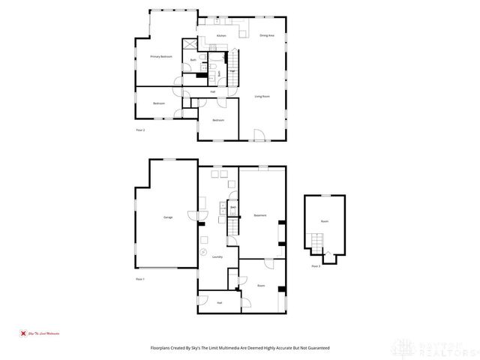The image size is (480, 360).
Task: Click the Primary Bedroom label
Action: (x=161, y=57)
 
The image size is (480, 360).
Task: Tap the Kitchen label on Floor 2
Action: (x=221, y=35)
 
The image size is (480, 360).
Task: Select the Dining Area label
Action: (x=266, y=35)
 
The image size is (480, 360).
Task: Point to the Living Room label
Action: (x=262, y=96)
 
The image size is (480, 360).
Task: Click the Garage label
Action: (x=168, y=217)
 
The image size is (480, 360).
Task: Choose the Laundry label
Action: (x=217, y=256)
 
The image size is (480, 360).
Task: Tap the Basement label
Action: (x=260, y=215)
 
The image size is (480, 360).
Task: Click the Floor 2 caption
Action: (x=140, y=130)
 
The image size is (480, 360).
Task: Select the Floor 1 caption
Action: (x=139, y=279)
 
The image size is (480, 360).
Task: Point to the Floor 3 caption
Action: (x=316, y=266)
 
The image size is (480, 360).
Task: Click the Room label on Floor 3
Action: (x=325, y=221)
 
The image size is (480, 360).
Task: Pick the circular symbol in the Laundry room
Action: (x=203, y=253)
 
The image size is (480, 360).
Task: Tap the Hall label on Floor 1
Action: (x=220, y=302)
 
